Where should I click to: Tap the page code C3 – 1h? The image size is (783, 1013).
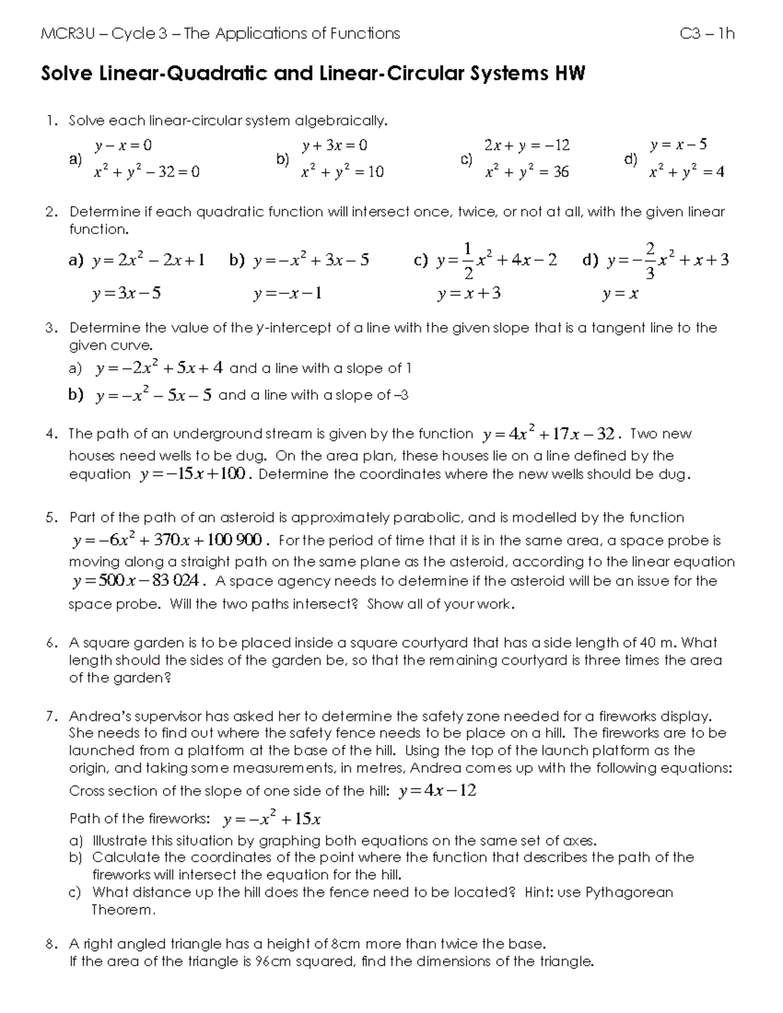click(x=707, y=33)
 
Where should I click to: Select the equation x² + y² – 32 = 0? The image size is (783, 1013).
click(x=146, y=172)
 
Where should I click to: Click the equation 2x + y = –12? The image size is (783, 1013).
click(x=527, y=145)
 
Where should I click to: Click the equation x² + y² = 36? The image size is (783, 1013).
click(x=527, y=172)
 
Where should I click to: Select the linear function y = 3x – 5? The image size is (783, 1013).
click(x=127, y=293)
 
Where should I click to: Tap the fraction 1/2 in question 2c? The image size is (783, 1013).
click(x=468, y=260)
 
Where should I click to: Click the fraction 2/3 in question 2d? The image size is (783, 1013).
click(x=649, y=260)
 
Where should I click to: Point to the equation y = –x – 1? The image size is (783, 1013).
click(x=287, y=294)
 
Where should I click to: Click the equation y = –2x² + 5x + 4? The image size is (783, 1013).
click(x=159, y=368)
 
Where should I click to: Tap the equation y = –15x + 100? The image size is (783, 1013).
click(x=194, y=474)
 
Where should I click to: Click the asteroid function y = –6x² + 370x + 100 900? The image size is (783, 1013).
click(x=169, y=540)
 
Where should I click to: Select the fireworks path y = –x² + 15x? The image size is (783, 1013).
click(x=271, y=818)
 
